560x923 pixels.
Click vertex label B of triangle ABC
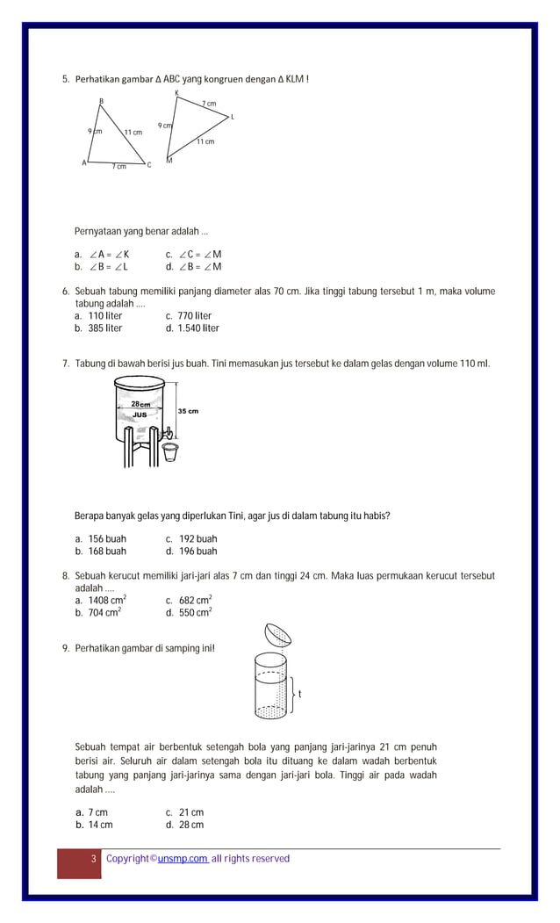[101, 102]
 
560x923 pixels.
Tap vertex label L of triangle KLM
[233, 117]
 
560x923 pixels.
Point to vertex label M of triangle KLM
[169, 161]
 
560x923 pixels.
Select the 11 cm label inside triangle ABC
[133, 133]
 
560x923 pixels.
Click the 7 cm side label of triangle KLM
[209, 104]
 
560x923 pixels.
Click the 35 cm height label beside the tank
[188, 411]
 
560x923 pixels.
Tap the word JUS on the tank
[140, 414]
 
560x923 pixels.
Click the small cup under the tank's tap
[170, 451]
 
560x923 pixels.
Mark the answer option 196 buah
[190, 552]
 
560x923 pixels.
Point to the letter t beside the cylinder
[300, 694]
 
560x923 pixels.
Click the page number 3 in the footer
[93, 859]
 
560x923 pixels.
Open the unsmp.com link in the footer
[183, 859]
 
